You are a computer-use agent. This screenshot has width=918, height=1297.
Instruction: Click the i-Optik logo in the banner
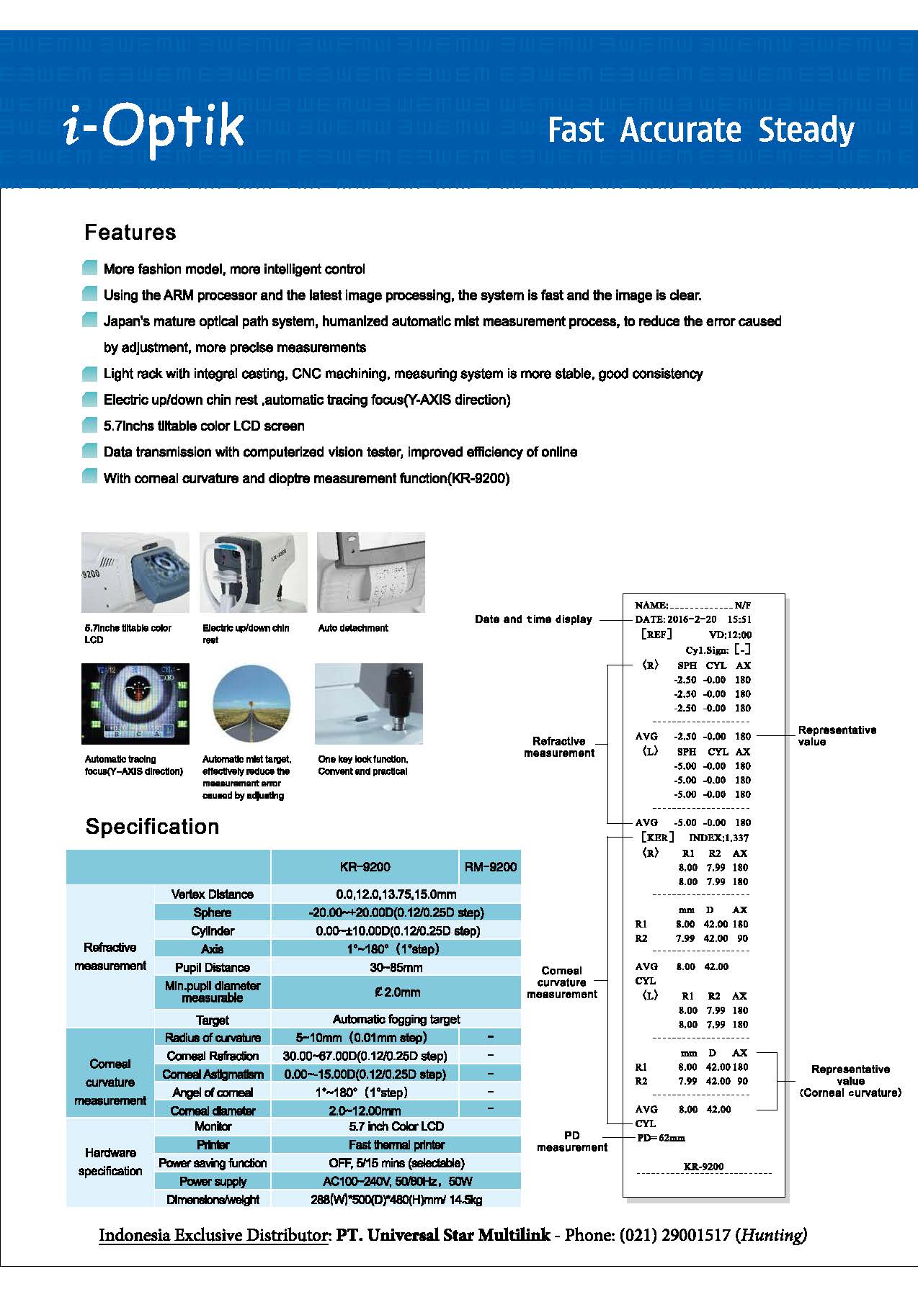pos(154,130)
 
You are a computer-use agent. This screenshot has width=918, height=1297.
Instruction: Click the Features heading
pos(130,233)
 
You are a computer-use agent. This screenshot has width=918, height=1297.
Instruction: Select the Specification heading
pos(152,827)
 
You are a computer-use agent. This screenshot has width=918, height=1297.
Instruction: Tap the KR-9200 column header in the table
pos(365,867)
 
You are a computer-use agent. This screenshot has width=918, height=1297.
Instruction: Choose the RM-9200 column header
pos(490,867)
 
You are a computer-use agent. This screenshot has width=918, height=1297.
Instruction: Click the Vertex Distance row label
pos(212,894)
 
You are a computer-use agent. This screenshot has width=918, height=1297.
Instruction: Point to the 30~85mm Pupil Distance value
pos(396,967)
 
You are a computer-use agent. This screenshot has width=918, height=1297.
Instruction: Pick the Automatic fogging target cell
pos(396,1019)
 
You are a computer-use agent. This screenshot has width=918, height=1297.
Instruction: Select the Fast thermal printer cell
pos(396,1144)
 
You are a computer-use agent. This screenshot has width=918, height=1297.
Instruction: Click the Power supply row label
pos(212,1181)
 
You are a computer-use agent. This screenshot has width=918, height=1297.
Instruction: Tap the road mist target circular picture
pos(251,704)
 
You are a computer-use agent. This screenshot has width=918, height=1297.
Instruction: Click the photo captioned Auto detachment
pos(371,573)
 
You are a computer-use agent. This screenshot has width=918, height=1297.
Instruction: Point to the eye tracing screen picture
pos(135,704)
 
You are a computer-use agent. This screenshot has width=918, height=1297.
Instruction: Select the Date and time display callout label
pos(533,619)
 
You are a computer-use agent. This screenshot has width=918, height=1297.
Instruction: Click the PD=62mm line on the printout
pos(661,1138)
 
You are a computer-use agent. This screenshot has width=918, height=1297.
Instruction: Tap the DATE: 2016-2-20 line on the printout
pos(692,619)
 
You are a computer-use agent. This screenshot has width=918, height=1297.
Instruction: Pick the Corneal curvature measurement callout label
pos(561,982)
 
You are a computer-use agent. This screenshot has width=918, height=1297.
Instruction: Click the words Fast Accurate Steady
pos(700,130)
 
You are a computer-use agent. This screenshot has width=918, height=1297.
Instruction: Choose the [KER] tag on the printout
pos(657,838)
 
